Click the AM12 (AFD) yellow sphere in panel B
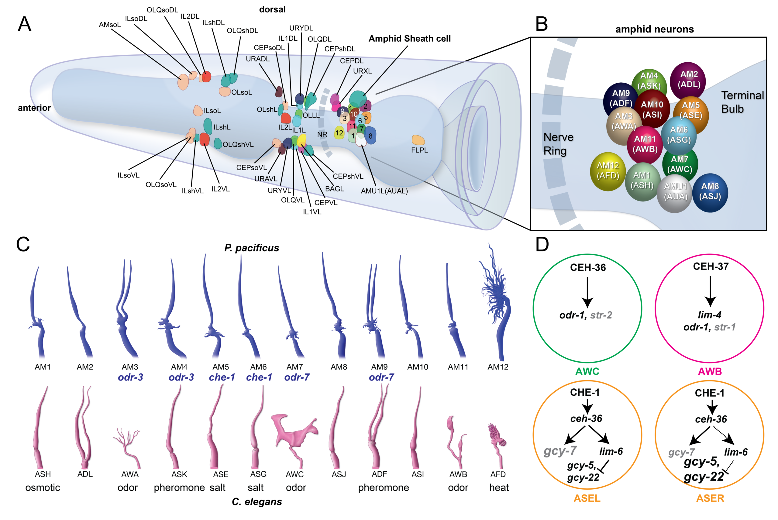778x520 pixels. [608, 171]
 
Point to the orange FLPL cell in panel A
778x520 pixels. [418, 140]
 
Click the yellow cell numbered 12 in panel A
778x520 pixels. [339, 133]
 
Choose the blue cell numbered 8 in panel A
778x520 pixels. [371, 135]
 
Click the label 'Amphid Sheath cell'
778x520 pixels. [409, 39]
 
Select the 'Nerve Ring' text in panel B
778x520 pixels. [558, 143]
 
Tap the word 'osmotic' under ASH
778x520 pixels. [43, 487]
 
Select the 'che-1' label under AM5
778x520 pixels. [222, 377]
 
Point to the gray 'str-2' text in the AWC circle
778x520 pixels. [601, 315]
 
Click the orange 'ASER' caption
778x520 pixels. [710, 498]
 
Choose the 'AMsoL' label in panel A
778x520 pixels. [110, 25]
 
